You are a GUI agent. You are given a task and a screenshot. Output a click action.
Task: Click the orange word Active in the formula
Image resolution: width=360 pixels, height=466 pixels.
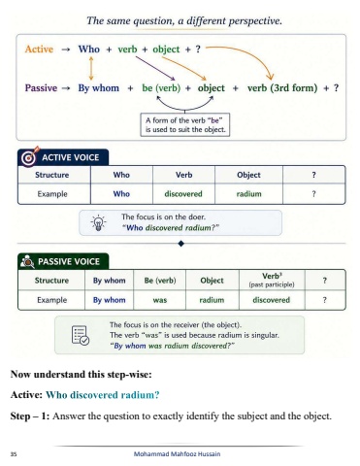(x=39, y=50)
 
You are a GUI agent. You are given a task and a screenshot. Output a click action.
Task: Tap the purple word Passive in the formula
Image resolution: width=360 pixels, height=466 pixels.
(x=41, y=88)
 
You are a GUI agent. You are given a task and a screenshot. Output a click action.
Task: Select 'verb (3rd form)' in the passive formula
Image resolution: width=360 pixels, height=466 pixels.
(x=282, y=88)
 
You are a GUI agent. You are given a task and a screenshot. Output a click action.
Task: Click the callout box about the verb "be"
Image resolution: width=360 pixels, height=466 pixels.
(x=185, y=125)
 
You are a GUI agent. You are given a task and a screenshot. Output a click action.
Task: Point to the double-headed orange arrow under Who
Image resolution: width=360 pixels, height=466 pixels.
(x=91, y=68)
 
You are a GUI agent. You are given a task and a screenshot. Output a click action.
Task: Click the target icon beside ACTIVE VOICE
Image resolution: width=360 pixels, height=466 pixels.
(x=29, y=157)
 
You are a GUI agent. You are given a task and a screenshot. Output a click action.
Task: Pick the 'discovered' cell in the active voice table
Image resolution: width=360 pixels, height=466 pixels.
(x=183, y=194)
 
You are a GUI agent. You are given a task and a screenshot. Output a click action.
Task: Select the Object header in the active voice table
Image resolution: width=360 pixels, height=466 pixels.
(x=248, y=175)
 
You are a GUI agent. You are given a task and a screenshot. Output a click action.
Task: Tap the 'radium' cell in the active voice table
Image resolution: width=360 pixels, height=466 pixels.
(x=248, y=194)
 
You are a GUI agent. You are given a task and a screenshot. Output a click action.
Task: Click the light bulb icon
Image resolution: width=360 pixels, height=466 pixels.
(x=98, y=223)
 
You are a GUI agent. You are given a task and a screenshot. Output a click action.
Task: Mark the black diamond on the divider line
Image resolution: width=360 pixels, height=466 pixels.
(x=181, y=244)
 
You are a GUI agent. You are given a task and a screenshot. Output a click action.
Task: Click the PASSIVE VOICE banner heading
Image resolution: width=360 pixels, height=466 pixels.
(x=63, y=261)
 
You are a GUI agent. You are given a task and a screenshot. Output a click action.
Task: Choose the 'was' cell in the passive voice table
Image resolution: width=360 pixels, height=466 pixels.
(x=160, y=300)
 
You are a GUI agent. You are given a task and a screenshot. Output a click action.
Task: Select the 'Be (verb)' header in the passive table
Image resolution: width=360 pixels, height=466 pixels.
(x=160, y=281)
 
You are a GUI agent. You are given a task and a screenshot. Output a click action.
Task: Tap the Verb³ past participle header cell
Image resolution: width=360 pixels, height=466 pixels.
(x=272, y=281)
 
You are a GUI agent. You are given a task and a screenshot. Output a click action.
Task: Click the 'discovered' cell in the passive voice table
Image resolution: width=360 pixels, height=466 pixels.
(x=271, y=300)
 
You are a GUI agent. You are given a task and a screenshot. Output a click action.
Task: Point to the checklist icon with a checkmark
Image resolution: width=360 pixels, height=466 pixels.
(x=81, y=335)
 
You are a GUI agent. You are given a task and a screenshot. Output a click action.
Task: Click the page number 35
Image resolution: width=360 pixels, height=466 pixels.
(x=14, y=454)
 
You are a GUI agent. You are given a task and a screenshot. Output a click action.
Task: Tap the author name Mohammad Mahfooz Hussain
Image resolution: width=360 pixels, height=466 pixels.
(x=177, y=454)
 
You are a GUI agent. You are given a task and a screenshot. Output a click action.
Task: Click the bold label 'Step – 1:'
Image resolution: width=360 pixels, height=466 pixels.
(x=30, y=416)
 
